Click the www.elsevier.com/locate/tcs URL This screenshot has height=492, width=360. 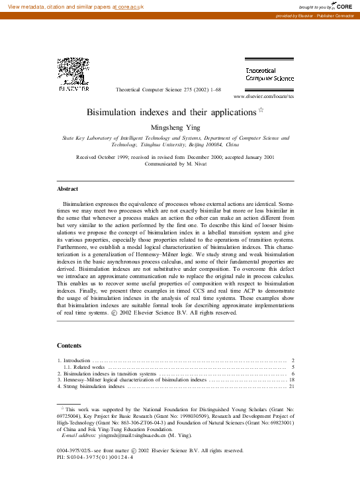coord(263,96)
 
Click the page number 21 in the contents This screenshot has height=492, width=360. coord(292,386)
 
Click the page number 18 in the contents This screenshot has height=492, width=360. coord(292,379)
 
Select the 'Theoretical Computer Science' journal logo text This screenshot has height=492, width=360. coord(269,74)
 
